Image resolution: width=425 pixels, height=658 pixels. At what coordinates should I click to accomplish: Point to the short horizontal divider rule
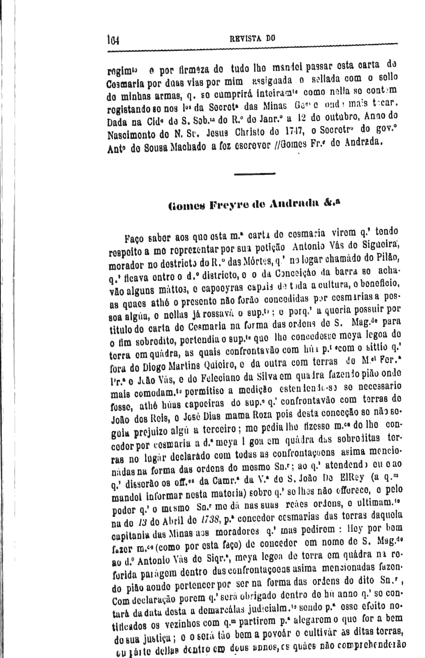click(255, 174)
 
